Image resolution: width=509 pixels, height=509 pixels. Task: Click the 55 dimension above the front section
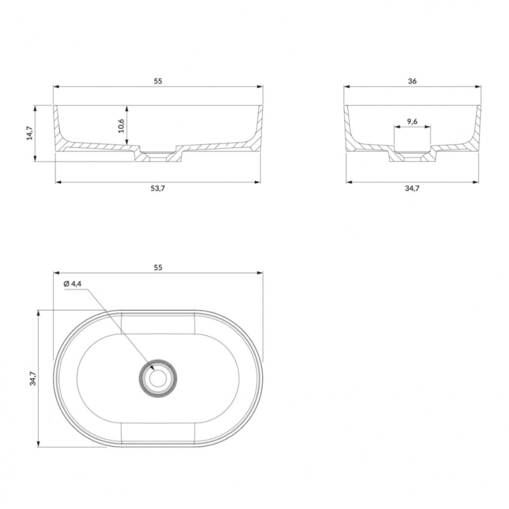pos(158,81)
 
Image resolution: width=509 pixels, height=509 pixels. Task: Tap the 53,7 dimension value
pos(158,188)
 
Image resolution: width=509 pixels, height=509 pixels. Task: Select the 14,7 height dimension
pos(29,133)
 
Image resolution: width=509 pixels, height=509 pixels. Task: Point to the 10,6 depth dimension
pos(121,125)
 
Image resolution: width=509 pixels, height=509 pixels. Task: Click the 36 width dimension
pos(412,81)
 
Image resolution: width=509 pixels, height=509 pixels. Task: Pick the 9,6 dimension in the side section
pos(412,122)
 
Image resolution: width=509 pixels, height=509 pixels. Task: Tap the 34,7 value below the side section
pos(412,188)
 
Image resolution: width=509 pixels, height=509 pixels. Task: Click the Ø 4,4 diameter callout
pos(73,284)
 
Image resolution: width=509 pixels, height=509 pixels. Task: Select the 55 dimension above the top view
pos(158,268)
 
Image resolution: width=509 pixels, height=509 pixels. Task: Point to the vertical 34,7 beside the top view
pos(33,379)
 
